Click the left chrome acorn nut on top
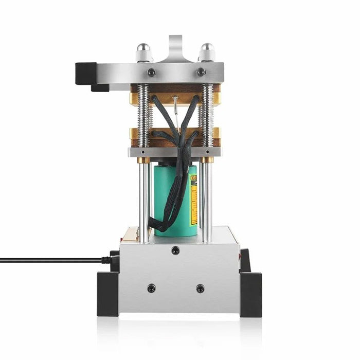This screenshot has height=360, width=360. pos(143,52)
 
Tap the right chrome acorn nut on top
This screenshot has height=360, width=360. pos(207,52)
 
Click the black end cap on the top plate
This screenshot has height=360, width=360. pos(85,73)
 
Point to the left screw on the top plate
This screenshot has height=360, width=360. pos(151,73)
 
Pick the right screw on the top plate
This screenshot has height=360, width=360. pos(201,73)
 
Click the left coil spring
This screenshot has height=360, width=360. pos(143,115)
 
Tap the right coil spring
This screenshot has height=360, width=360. pos(207,115)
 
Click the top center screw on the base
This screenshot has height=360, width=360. pos(176,250)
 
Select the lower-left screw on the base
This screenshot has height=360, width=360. pos(151,288)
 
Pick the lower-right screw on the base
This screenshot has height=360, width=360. pos(200,288)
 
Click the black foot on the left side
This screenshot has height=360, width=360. pos(107,293)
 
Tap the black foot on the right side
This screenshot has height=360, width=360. pos(250,293)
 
